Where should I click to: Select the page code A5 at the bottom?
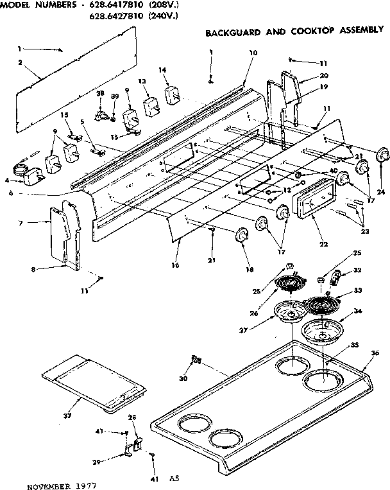click(x=174, y=478)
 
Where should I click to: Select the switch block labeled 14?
click(x=171, y=95)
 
